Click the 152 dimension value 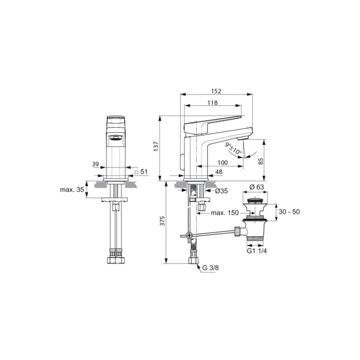215,91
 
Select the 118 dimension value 212,103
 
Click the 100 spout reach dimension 222,163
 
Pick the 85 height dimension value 260,161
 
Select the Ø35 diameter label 221,190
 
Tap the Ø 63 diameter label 256,187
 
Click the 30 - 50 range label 289,211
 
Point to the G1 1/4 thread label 257,252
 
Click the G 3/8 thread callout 210,268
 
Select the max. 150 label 224,213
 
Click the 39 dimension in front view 95,163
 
